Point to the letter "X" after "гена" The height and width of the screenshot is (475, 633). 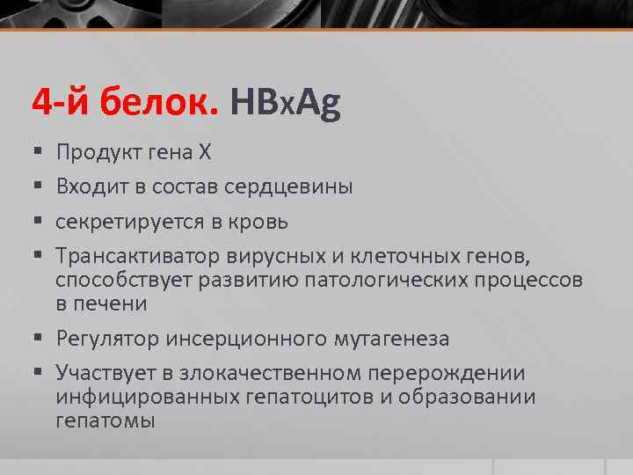click(204, 153)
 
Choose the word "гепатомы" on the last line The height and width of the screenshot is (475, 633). click(105, 420)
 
